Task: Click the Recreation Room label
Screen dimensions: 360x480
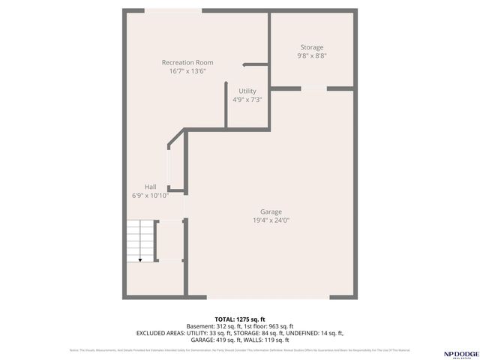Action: pyautogui.click(x=187, y=62)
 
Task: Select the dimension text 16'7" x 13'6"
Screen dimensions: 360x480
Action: pyautogui.click(x=187, y=71)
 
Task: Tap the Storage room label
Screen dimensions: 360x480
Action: pyautogui.click(x=312, y=47)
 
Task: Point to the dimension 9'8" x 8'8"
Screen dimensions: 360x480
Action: pyautogui.click(x=312, y=55)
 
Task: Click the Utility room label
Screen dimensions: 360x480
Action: pyautogui.click(x=247, y=91)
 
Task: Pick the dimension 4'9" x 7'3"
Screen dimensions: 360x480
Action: pyautogui.click(x=247, y=99)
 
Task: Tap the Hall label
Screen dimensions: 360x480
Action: pyautogui.click(x=151, y=187)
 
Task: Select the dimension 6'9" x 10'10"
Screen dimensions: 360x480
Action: pyautogui.click(x=151, y=195)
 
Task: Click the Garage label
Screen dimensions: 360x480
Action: pyautogui.click(x=271, y=211)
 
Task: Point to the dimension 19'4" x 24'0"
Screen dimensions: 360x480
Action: pyautogui.click(x=271, y=220)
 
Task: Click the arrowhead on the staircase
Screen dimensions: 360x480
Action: pyautogui.click(x=140, y=259)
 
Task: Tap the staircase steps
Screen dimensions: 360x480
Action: pyautogui.click(x=140, y=240)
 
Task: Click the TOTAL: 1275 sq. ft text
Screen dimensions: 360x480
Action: pyautogui.click(x=239, y=318)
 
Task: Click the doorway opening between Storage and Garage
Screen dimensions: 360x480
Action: pyautogui.click(x=314, y=89)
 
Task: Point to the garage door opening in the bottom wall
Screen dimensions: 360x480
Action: pyautogui.click(x=268, y=298)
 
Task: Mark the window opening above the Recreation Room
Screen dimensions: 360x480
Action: pyautogui.click(x=168, y=11)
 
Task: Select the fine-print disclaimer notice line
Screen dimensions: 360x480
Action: pyautogui.click(x=240, y=350)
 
